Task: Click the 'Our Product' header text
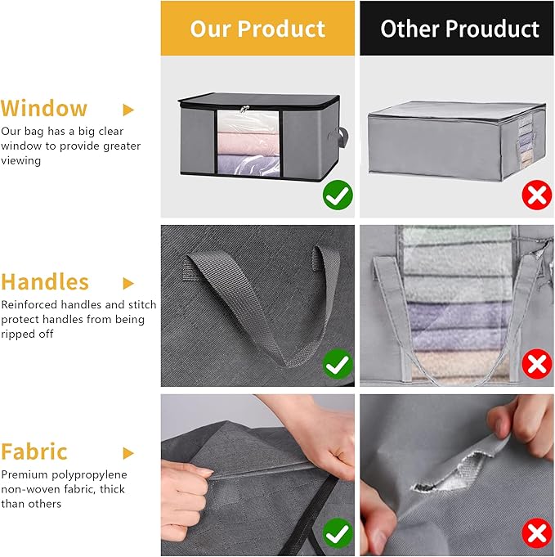click(257, 29)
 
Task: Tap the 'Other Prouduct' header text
click(459, 29)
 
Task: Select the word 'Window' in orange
click(44, 109)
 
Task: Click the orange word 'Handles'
click(45, 282)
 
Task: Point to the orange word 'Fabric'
click(34, 452)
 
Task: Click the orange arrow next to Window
click(128, 110)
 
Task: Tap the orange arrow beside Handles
click(128, 283)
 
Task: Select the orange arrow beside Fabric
click(128, 453)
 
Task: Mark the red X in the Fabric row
click(536, 535)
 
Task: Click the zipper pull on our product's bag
click(243, 110)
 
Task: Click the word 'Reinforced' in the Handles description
click(30, 304)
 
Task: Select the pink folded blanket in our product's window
click(243, 145)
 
